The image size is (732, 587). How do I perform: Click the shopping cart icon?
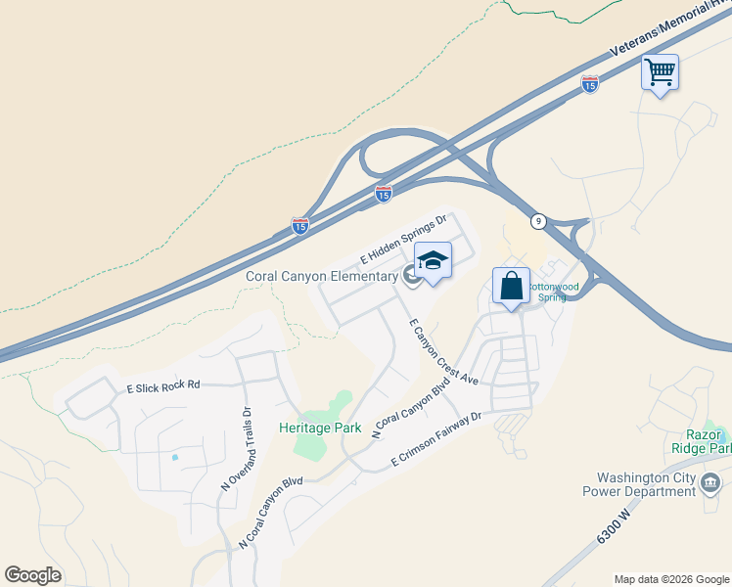click(x=660, y=71)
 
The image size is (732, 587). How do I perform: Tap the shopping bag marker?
click(x=511, y=287)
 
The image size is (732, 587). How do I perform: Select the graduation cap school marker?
click(x=433, y=261)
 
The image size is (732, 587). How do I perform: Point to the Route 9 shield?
click(x=539, y=220)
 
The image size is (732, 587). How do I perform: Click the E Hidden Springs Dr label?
click(x=403, y=241)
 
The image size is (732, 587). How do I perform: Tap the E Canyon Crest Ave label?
click(x=442, y=350)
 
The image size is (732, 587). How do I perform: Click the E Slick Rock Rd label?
click(x=162, y=386)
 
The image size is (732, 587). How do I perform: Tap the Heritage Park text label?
click(x=319, y=428)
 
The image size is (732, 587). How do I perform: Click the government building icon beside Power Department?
click(x=711, y=483)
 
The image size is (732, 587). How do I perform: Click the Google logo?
click(x=32, y=575)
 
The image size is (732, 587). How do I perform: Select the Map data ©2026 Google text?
click(x=670, y=579)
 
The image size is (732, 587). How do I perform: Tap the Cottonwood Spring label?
click(x=555, y=292)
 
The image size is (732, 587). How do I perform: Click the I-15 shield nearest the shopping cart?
click(x=589, y=85)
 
